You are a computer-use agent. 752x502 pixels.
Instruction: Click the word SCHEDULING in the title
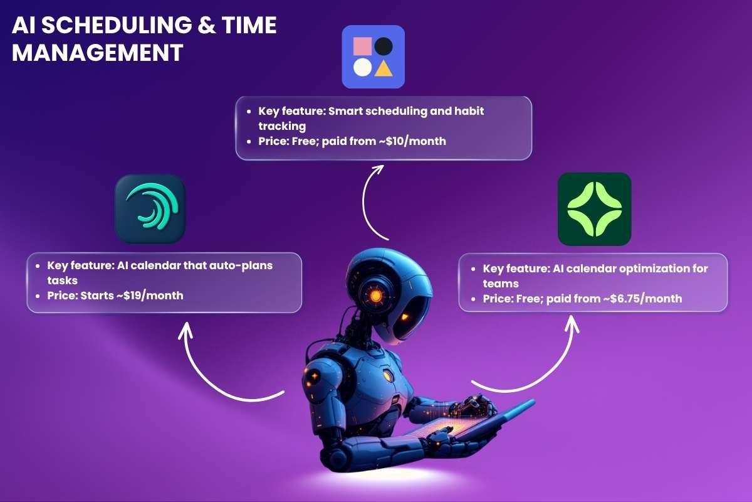pyautogui.click(x=110, y=26)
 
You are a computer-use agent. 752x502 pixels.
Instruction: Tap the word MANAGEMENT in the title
pyautogui.click(x=97, y=53)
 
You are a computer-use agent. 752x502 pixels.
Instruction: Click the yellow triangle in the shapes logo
pyautogui.click(x=384, y=67)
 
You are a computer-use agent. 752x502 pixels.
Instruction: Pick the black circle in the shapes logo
pyautogui.click(x=384, y=46)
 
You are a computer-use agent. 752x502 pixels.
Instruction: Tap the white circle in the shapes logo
pyautogui.click(x=362, y=67)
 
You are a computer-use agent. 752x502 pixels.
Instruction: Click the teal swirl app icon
pyautogui.click(x=150, y=209)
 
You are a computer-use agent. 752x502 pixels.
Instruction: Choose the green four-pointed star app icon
pyautogui.click(x=594, y=209)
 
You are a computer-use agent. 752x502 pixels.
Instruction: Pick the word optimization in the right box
pyautogui.click(x=658, y=269)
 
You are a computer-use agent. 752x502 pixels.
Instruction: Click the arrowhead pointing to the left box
pyautogui.click(x=185, y=328)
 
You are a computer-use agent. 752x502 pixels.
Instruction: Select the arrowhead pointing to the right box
pyautogui.click(x=571, y=322)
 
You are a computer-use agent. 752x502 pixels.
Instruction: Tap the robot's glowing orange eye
pyautogui.click(x=375, y=296)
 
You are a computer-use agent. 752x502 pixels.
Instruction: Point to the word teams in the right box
pyautogui.click(x=501, y=284)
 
